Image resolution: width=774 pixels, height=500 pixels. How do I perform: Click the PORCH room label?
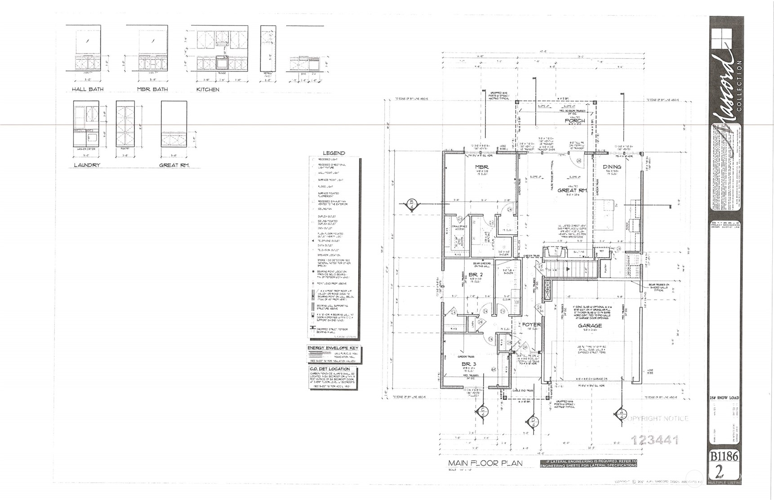click(575, 120)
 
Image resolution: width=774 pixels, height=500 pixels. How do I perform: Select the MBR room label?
click(482, 167)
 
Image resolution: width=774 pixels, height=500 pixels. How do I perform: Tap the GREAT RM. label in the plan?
click(572, 190)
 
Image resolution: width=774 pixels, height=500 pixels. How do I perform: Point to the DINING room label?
click(612, 167)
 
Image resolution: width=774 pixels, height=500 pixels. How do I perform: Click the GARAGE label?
click(590, 325)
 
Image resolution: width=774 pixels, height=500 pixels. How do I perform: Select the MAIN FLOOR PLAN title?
click(485, 463)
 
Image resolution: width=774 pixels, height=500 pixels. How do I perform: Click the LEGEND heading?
click(334, 153)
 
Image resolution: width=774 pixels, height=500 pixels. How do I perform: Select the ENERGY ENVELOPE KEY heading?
click(333, 348)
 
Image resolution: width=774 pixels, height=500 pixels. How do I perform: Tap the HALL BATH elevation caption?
click(88, 89)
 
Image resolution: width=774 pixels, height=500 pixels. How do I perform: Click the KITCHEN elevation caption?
click(208, 89)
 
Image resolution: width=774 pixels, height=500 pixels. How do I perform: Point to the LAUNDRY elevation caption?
click(87, 165)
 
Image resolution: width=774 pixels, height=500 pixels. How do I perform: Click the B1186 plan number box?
click(724, 456)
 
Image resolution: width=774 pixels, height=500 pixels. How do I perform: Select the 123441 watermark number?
click(655, 440)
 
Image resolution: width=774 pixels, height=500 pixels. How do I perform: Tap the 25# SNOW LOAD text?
click(724, 398)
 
